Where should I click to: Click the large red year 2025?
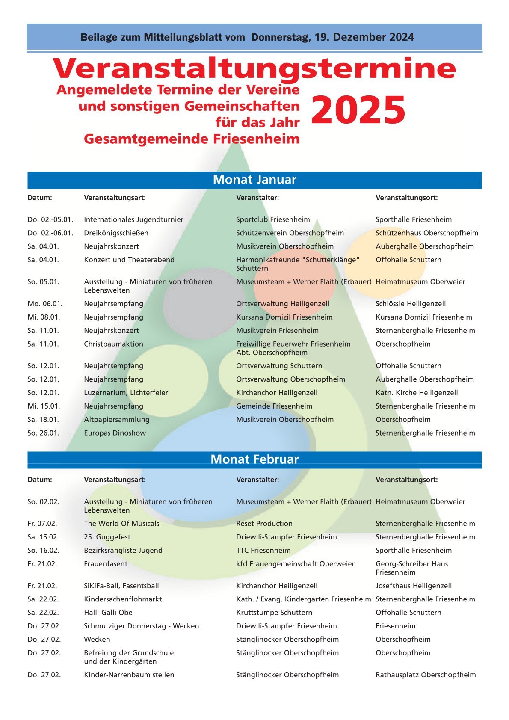pyautogui.click(x=358, y=110)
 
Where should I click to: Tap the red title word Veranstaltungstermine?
pyautogui.click(x=254, y=68)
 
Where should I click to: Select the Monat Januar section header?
pyautogui.click(x=254, y=180)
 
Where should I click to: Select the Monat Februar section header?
pyautogui.click(x=254, y=459)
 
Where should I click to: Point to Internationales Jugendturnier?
pyautogui.click(x=133, y=220)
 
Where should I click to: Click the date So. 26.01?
pyautogui.click(x=43, y=433)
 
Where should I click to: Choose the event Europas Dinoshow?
pyautogui.click(x=115, y=433)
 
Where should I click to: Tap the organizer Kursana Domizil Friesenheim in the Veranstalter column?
pyautogui.click(x=284, y=317)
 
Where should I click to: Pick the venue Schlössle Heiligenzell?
pyautogui.click(x=410, y=304)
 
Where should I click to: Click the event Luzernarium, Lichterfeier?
pyautogui.click(x=126, y=393)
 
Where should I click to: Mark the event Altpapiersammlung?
pyautogui.click(x=116, y=420)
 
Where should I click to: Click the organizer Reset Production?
pyautogui.click(x=264, y=524)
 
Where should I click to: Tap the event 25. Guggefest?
pyautogui.click(x=107, y=537)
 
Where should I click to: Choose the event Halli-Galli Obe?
pyautogui.click(x=108, y=613)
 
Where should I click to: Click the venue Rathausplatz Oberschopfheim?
pyautogui.click(x=425, y=675)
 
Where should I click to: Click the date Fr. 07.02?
pyautogui.click(x=42, y=524)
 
